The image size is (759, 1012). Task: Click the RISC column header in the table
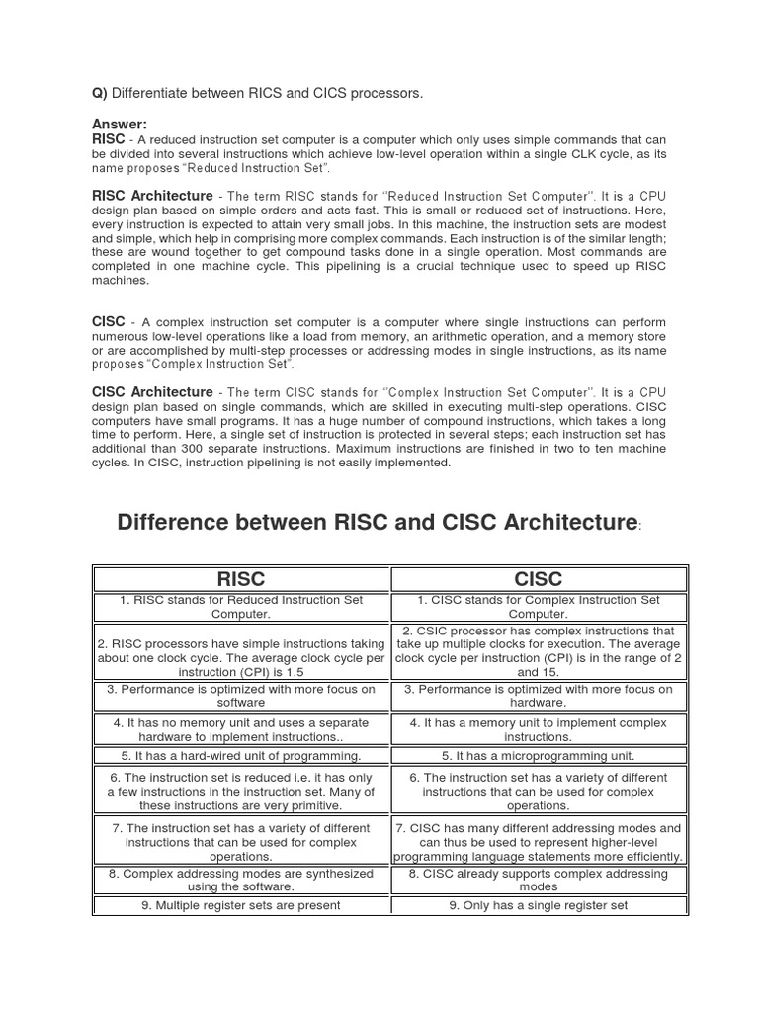pos(241,579)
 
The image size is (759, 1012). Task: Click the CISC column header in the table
pos(539,579)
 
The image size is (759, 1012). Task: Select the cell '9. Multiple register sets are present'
pos(241,905)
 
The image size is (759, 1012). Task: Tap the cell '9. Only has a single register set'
pos(539,905)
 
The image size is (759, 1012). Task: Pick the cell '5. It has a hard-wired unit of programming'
pos(241,756)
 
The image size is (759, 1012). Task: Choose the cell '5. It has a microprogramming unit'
pos(539,756)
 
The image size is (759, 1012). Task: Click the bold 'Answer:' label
pos(119,124)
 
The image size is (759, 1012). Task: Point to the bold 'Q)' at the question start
pos(99,93)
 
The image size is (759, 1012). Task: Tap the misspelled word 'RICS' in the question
pos(271,93)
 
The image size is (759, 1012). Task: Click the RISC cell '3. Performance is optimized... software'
pos(241,696)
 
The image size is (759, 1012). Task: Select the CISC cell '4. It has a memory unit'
pos(539,730)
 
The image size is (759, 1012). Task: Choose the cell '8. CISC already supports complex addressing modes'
pos(539,880)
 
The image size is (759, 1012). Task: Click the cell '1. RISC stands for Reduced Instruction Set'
pos(241,607)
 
